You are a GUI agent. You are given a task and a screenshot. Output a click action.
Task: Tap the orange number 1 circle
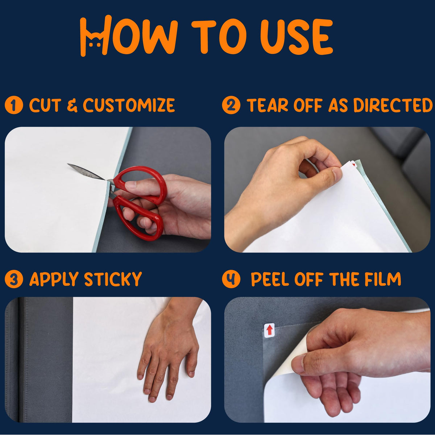[14, 105]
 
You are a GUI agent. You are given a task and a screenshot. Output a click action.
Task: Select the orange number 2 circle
[231, 105]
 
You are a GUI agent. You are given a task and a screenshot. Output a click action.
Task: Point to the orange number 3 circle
[14, 279]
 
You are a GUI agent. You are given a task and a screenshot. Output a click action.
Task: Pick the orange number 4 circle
[231, 279]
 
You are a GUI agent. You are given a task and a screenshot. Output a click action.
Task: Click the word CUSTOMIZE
[129, 105]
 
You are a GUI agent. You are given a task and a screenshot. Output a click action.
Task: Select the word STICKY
[113, 279]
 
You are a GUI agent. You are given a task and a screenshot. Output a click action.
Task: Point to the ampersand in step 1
[72, 105]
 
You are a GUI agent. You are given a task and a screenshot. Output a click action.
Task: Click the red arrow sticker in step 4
[269, 331]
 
